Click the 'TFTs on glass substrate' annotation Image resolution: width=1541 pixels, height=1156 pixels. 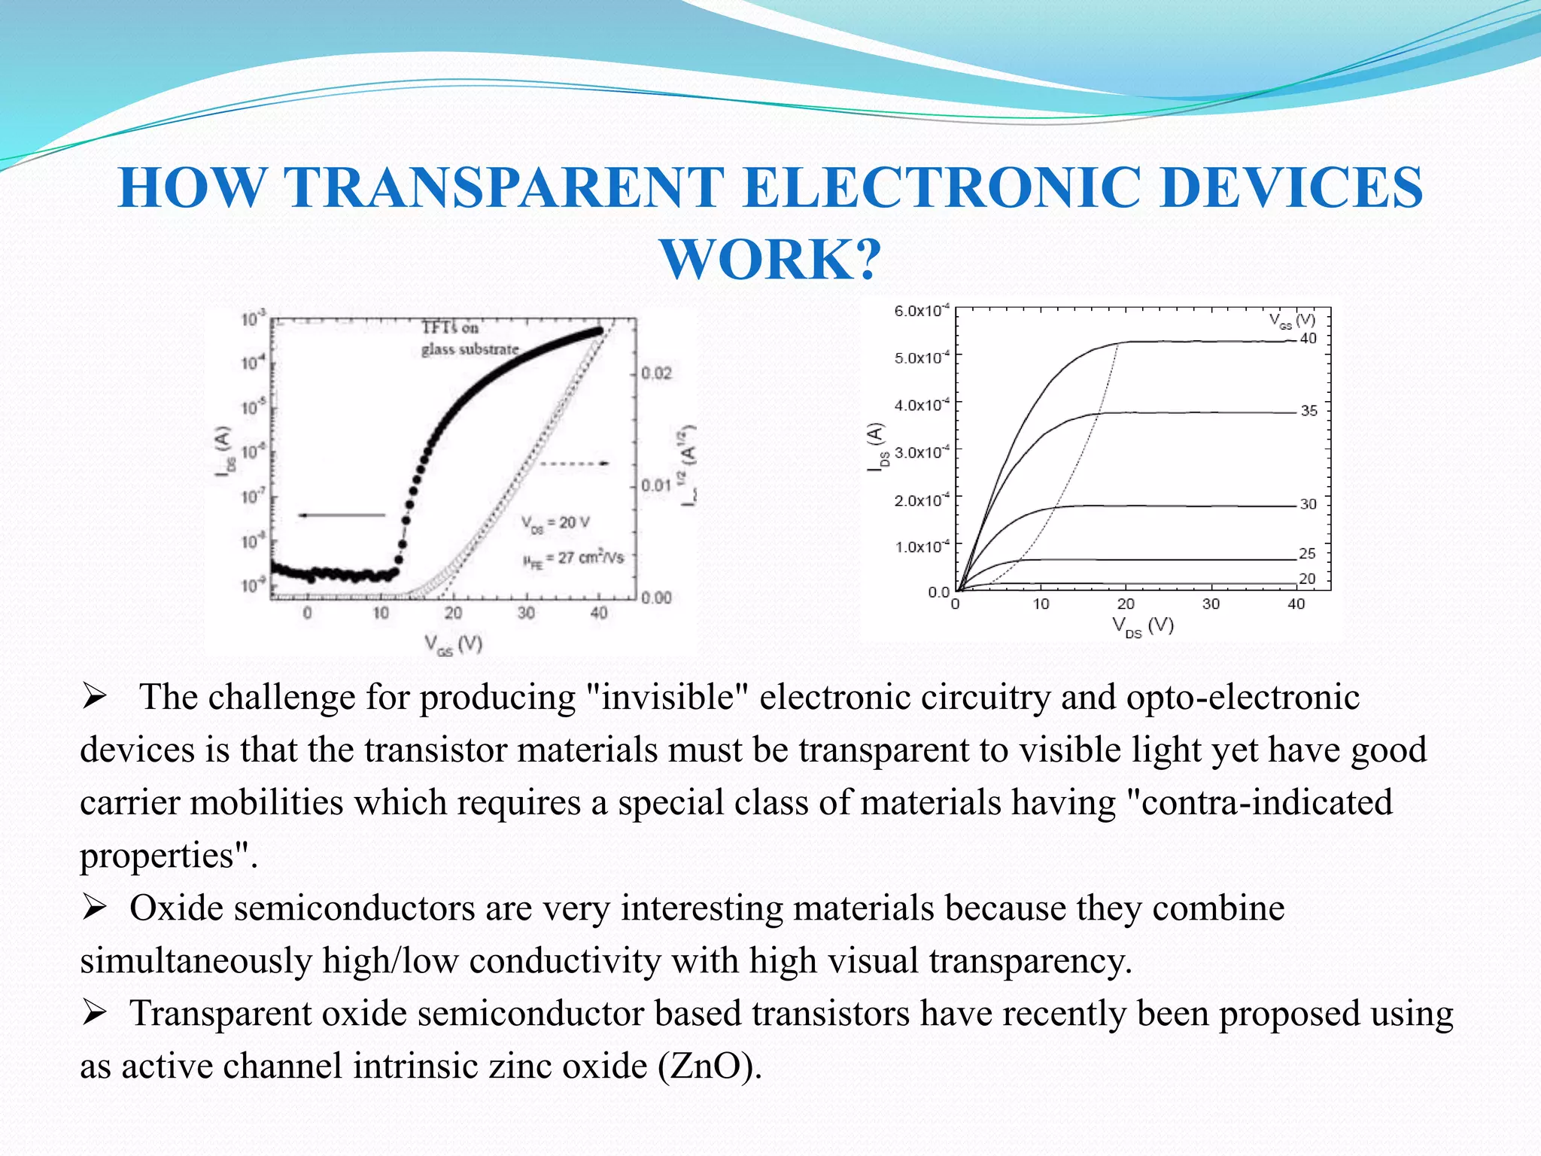470,339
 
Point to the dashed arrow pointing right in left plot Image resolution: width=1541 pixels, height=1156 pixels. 575,464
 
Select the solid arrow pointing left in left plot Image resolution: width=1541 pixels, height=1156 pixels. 342,516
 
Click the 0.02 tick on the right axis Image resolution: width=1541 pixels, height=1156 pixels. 656,374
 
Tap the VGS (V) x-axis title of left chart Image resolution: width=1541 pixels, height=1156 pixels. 453,644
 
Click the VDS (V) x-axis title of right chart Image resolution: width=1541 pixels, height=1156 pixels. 1143,626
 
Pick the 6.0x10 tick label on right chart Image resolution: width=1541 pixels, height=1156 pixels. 922,311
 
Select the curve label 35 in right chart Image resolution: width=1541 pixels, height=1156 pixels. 1309,411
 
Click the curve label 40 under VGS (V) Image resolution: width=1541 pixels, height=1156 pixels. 1308,339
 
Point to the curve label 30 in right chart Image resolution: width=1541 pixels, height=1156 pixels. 1308,504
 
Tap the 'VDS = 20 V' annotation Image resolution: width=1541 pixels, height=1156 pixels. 556,523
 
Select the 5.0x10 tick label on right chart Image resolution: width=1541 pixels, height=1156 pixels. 922,357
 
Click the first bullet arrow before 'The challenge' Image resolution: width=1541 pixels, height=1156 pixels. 95,697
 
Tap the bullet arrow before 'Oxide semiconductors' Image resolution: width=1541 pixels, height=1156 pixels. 95,908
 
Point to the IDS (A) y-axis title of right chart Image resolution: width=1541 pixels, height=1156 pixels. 877,447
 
